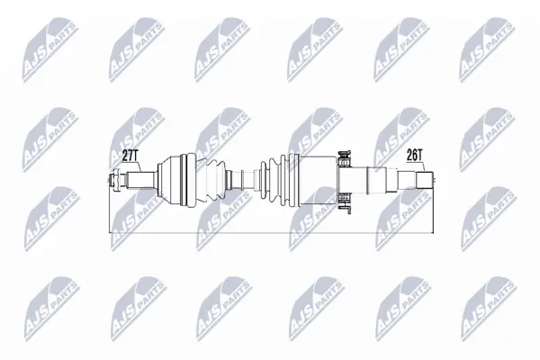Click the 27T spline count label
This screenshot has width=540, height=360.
130,156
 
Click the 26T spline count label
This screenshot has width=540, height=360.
414,156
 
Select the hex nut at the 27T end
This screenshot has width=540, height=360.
114,180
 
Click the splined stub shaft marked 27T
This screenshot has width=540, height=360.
139,180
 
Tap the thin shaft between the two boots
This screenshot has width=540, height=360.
243,179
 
